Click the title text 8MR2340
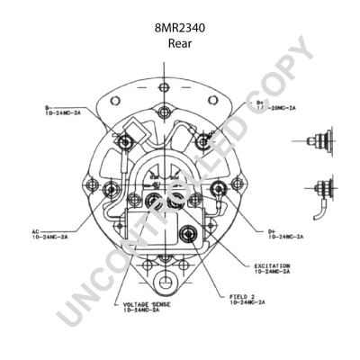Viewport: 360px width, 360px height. coord(179,28)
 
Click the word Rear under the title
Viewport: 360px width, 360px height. coord(179,42)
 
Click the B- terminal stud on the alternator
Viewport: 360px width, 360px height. coord(127,140)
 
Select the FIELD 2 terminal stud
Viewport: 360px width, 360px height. coord(189,235)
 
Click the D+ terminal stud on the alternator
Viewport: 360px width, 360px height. coord(219,188)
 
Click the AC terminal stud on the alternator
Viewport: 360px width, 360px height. coord(112,189)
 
